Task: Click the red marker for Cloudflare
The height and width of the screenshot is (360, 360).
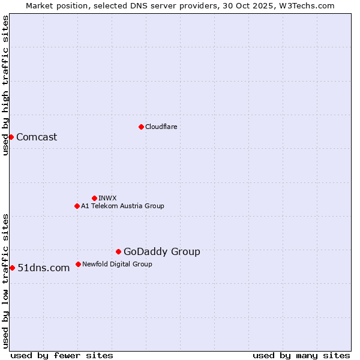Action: [141, 127]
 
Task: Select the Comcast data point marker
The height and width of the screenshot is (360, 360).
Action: [11, 137]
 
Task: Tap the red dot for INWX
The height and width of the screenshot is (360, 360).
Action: [94, 198]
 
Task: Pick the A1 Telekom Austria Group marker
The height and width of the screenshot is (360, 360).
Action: [77, 206]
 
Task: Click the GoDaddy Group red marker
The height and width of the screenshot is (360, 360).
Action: [118, 251]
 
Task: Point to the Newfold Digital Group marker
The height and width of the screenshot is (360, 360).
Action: [78, 264]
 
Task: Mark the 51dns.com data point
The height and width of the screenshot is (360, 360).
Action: [12, 268]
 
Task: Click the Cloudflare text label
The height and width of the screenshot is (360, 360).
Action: [161, 127]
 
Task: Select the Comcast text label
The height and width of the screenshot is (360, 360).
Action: [37, 137]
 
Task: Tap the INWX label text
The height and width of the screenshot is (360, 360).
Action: [107, 198]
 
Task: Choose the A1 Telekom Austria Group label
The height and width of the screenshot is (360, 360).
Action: [122, 206]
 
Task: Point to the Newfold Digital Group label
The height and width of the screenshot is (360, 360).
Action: [117, 264]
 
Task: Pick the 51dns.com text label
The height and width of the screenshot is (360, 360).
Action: [44, 268]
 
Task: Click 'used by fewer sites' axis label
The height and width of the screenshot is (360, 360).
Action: [62, 355]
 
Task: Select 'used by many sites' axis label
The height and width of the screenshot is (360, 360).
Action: [301, 355]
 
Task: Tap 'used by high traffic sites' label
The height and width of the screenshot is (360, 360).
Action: [6, 85]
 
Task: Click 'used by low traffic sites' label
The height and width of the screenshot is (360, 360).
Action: [6, 281]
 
